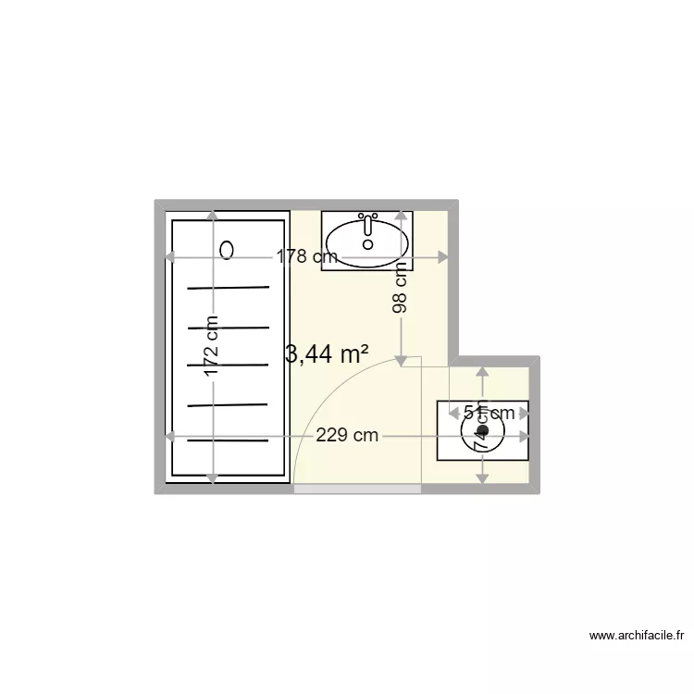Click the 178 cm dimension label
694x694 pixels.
[306, 257]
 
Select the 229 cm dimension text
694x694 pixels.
[347, 436]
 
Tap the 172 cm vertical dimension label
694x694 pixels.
[212, 347]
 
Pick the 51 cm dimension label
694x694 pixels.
[489, 413]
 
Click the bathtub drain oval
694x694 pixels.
[228, 249]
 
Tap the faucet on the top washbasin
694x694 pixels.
[368, 223]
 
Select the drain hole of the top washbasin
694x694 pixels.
[368, 244]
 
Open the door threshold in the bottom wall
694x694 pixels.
[357, 489]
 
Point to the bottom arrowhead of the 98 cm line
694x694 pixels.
[401, 359]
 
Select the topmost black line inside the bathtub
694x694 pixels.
[229, 288]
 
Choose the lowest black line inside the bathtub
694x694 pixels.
[229, 440]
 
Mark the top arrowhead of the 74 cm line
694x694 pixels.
[481, 372]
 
